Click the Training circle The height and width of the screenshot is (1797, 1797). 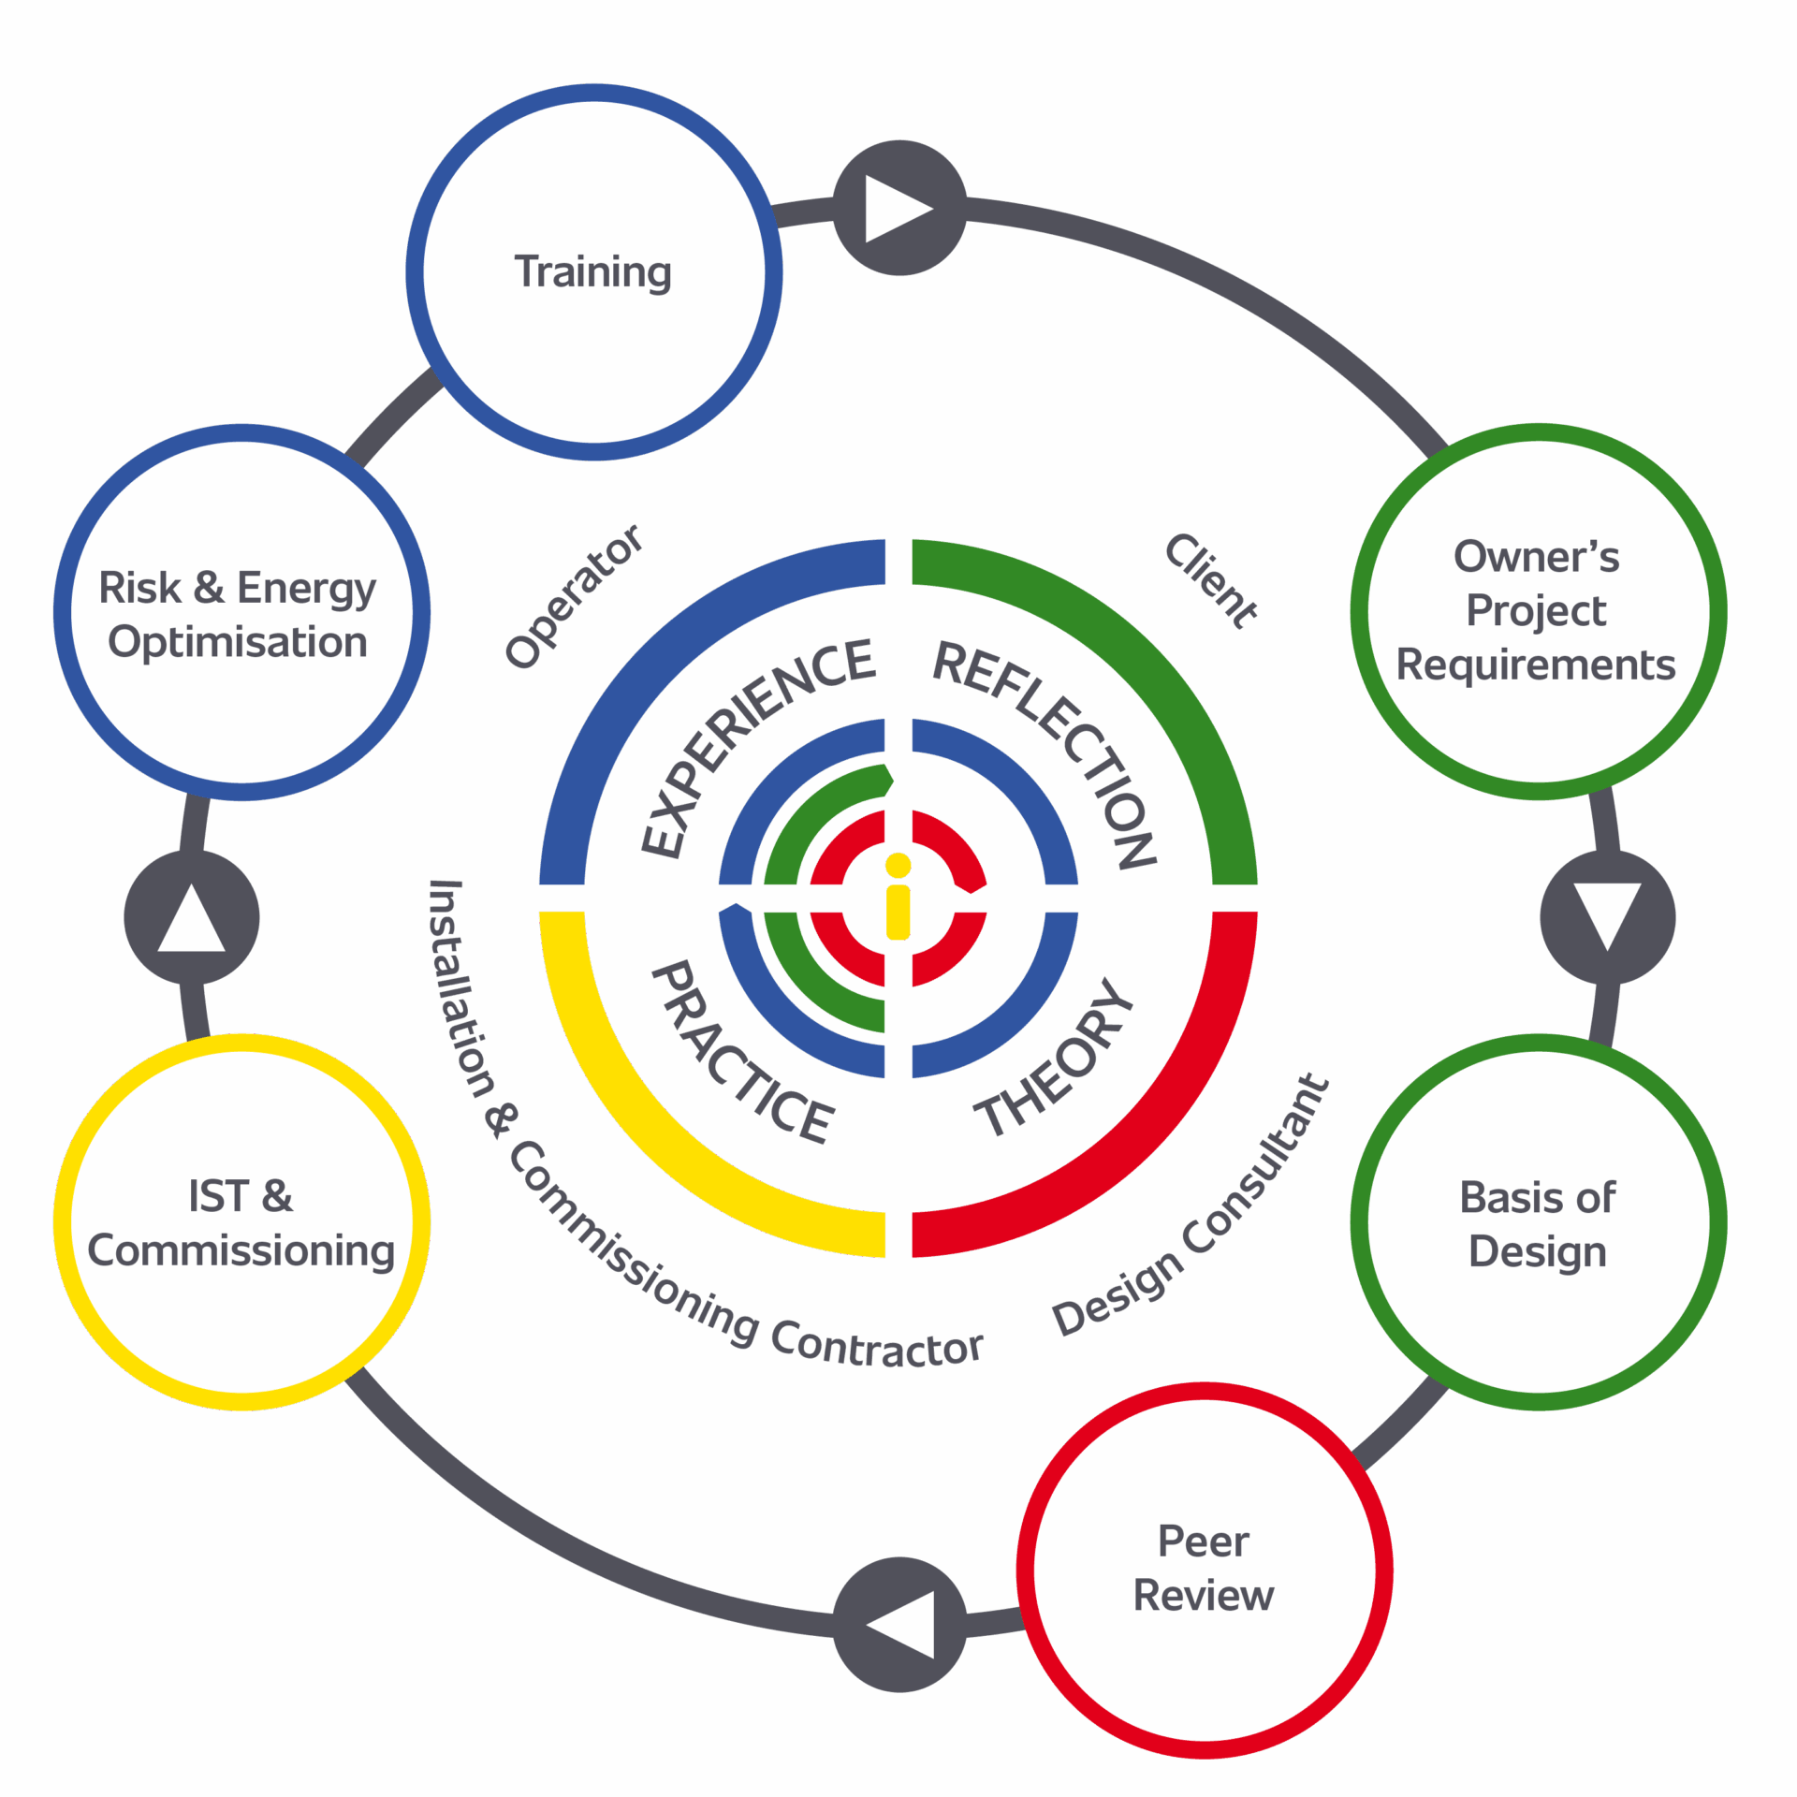[x=593, y=272]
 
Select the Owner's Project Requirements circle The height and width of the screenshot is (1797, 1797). [x=1538, y=611]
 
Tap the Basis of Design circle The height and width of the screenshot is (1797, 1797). [x=1538, y=1222]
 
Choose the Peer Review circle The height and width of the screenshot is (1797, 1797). [x=1204, y=1570]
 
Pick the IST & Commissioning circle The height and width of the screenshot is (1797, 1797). [x=241, y=1222]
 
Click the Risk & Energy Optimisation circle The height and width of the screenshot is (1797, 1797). [x=241, y=613]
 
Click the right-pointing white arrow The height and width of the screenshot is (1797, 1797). [x=898, y=208]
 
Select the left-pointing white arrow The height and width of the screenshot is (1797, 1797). [x=901, y=1624]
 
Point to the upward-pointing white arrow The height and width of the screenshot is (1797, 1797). [x=191, y=918]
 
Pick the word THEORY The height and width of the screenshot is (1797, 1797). [x=1054, y=1058]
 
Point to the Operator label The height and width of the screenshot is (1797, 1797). [x=574, y=596]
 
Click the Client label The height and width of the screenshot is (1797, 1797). [x=1211, y=580]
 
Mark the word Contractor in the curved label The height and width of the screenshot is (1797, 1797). [x=876, y=1345]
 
